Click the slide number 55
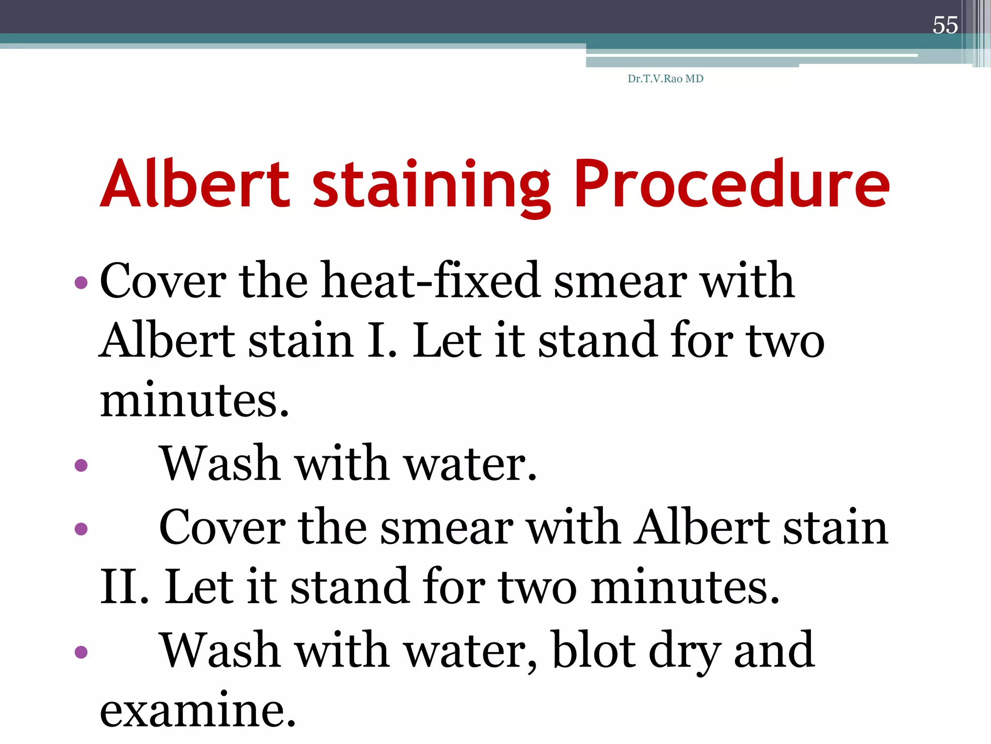pos(945,25)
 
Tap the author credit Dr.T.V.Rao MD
pos(665,79)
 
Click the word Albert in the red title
pos(195,184)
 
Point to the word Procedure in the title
pos(731,184)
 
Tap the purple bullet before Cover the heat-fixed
pos(81,282)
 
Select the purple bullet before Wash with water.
pos(81,465)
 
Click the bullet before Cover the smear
pos(81,528)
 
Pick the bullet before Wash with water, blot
pos(81,651)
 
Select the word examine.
pos(197,710)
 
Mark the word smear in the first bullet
pos(620,281)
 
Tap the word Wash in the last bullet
pos(220,650)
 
